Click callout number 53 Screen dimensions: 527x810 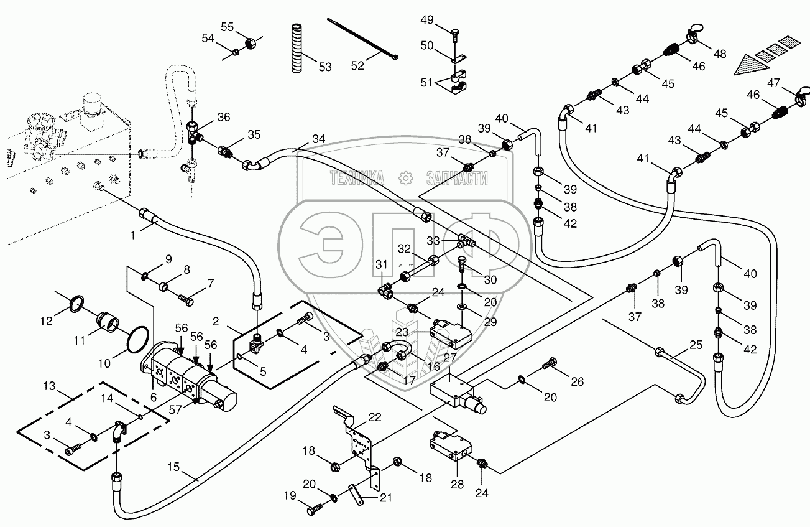pyautogui.click(x=324, y=67)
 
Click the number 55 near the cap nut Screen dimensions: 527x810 pyautogui.click(x=228, y=27)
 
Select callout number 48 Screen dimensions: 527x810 pyautogui.click(x=720, y=54)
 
